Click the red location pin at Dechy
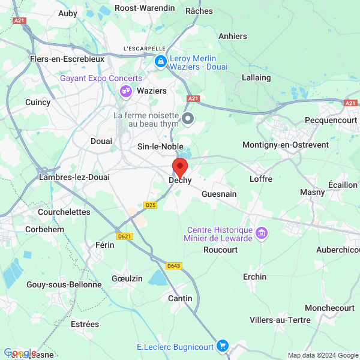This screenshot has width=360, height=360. tap(180, 166)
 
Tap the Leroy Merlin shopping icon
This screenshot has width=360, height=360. tap(160, 61)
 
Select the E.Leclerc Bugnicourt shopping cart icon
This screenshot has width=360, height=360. tap(223, 346)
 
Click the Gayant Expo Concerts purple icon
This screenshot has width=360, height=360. tap(126, 91)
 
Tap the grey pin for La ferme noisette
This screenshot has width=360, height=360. tap(188, 118)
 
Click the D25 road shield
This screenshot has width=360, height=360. tap(151, 205)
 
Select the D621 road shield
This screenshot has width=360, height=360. tap(125, 236)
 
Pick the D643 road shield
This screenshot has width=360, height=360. tap(174, 266)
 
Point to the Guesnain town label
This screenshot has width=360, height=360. tap(219, 194)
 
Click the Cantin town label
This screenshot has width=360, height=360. tap(181, 298)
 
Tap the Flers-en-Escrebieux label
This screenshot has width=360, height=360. tap(67, 59)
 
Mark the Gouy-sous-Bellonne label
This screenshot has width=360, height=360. tap(64, 284)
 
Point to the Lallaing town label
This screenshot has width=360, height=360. tap(256, 77)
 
